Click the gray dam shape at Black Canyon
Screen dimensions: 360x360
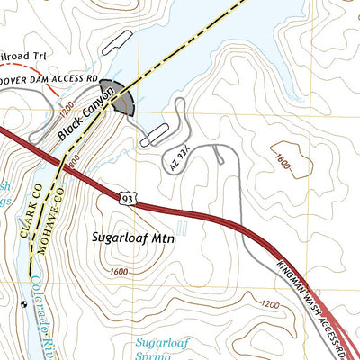point(121,97)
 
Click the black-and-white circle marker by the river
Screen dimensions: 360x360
point(23,304)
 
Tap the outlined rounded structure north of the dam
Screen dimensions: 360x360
point(117,43)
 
